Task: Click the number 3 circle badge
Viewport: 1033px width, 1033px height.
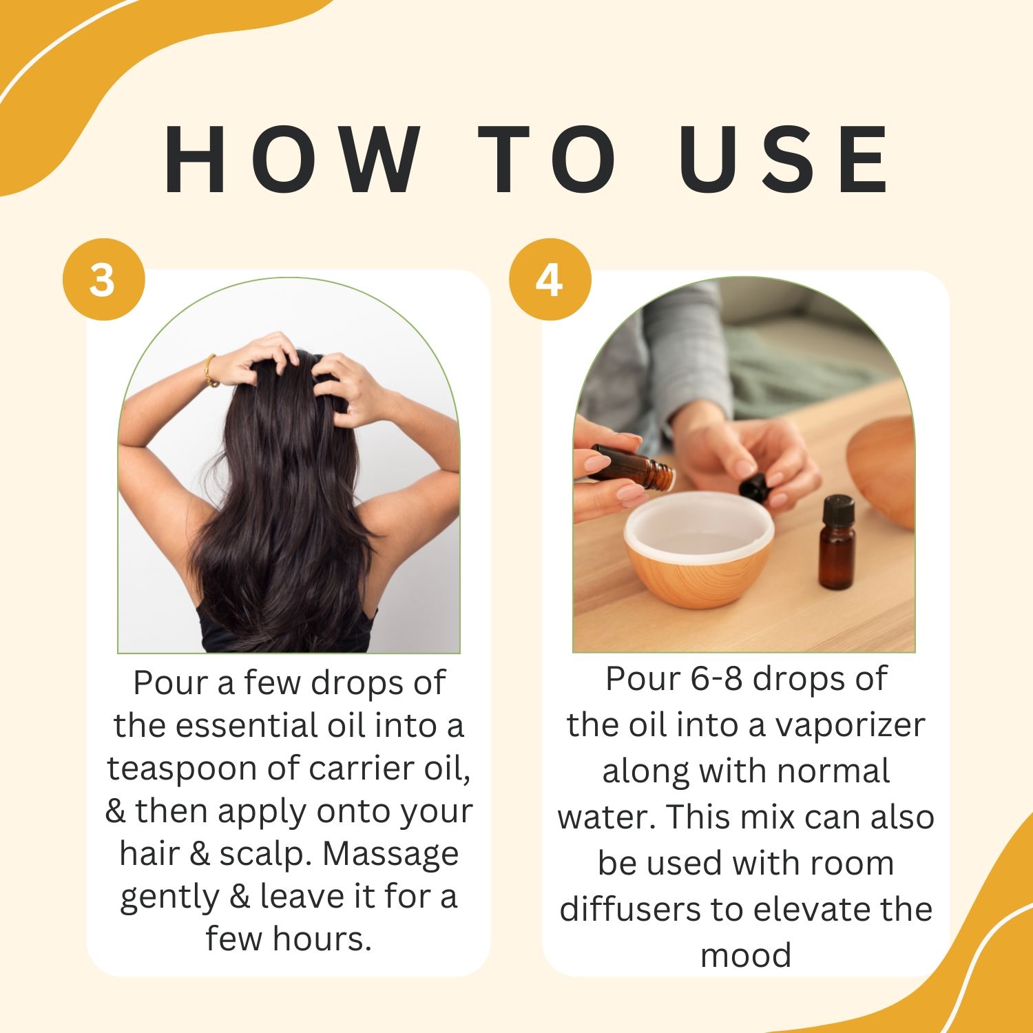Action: pos(103,280)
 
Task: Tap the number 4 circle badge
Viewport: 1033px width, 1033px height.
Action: pos(550,280)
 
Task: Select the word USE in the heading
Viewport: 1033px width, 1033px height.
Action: pos(783,160)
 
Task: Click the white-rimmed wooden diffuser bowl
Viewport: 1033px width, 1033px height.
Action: pos(699,549)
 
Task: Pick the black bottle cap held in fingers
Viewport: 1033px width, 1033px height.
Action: pos(754,486)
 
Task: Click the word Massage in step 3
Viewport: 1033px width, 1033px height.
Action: pos(390,853)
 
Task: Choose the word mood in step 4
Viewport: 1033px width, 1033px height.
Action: pos(746,956)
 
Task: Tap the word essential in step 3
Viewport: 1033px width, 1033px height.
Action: pos(238,726)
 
